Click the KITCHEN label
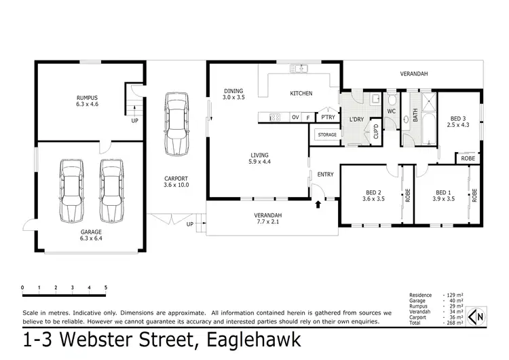(301, 93)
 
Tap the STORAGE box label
(327, 134)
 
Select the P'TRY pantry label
(328, 118)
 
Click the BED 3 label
(459, 121)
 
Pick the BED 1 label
(444, 196)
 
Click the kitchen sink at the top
(299, 68)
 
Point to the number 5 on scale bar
(105, 287)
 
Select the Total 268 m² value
(455, 323)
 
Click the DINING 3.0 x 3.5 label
(233, 94)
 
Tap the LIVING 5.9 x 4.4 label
(261, 158)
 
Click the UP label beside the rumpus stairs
(134, 122)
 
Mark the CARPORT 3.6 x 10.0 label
(176, 181)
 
